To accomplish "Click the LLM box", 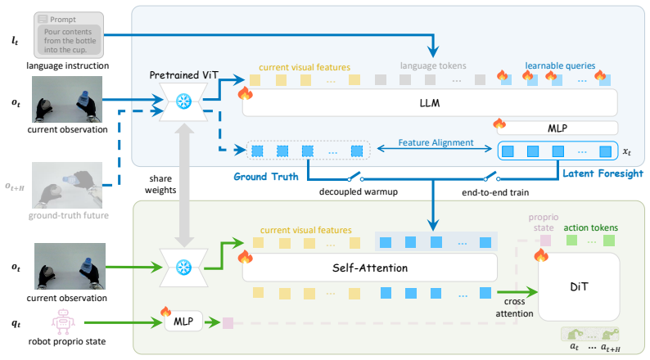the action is [430, 103].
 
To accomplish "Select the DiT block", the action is [579, 286].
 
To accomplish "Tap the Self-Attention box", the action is [370, 268].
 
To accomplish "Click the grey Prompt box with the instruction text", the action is [69, 35].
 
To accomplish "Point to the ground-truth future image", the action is [67, 185].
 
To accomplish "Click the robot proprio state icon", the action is [63, 322].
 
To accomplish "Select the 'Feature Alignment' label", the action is [436, 142].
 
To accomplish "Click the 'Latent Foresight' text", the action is [603, 173].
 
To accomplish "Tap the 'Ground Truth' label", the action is [266, 177].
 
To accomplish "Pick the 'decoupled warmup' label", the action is [359, 191].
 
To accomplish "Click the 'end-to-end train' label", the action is [495, 192].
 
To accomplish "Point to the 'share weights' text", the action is [160, 184].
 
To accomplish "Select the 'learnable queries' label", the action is [560, 65].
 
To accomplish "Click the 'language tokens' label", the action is [433, 65].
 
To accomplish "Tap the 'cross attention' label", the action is [514, 308].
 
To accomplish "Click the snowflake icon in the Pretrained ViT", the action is [183, 101].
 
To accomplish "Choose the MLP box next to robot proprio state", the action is [183, 322].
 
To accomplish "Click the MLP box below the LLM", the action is [557, 128].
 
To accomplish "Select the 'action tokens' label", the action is [591, 227].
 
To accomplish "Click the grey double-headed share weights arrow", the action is [184, 185].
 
